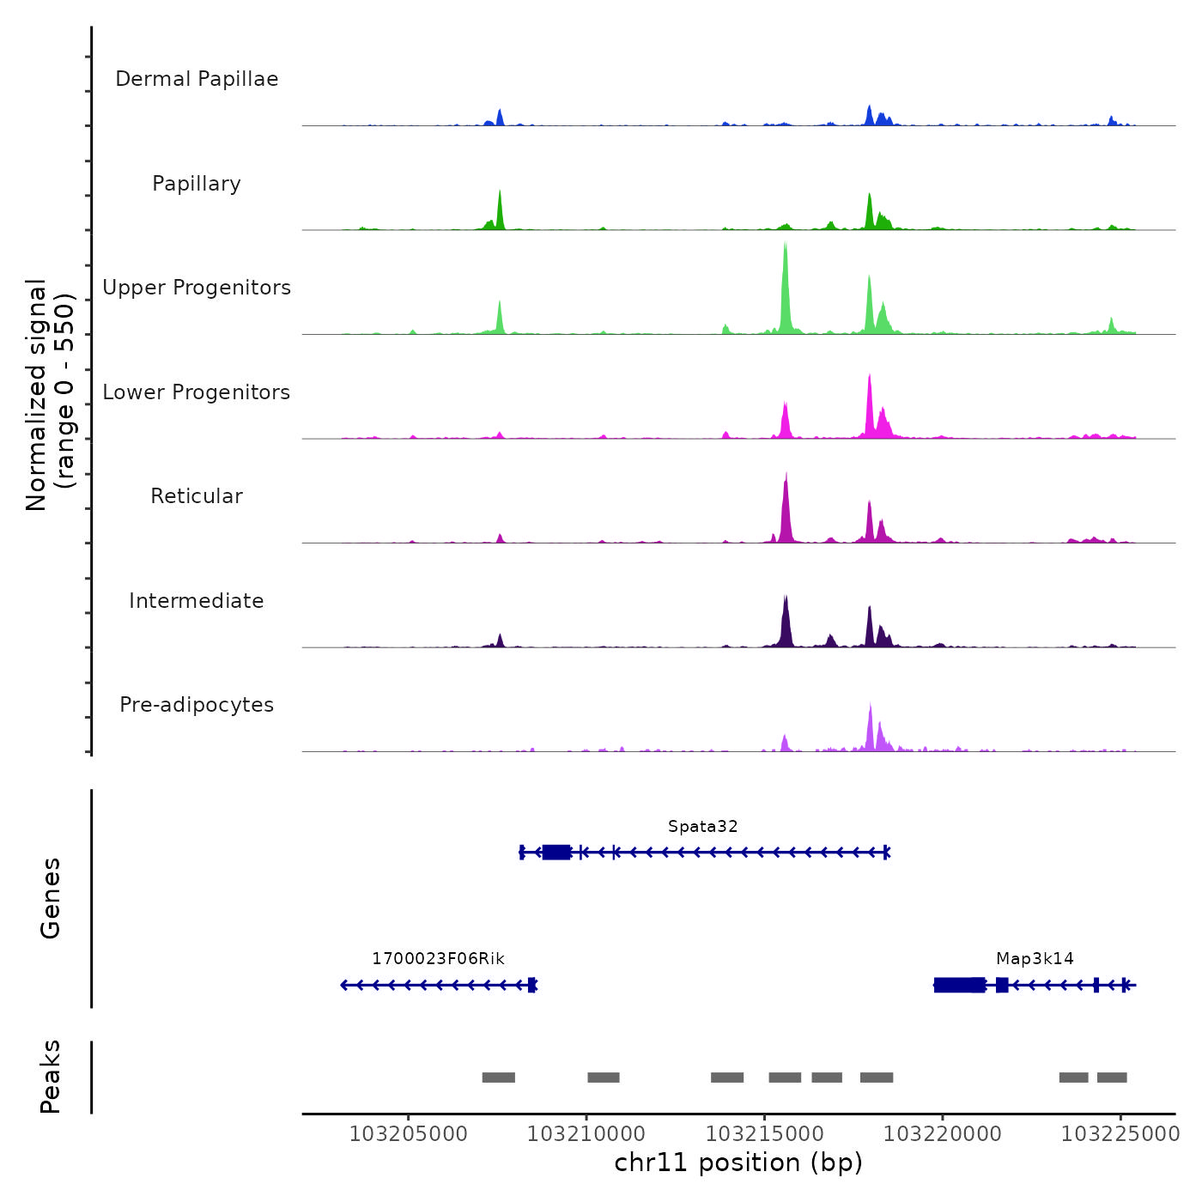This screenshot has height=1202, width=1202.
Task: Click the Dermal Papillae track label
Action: [197, 79]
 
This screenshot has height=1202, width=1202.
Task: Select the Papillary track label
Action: [197, 184]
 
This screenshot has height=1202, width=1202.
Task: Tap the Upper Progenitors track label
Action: [197, 288]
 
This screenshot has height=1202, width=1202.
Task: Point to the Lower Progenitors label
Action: [197, 392]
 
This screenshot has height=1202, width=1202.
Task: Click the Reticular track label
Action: [197, 496]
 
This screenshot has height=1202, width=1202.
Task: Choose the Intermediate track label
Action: [197, 601]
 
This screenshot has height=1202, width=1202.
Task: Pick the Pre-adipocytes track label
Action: [197, 705]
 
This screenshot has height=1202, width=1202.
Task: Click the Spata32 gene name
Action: [702, 827]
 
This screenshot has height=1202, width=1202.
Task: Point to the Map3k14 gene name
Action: [1035, 959]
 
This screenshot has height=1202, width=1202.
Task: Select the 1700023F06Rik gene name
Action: [438, 959]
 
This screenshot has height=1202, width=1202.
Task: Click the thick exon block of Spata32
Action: [556, 852]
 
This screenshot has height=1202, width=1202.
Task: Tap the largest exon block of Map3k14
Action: [959, 985]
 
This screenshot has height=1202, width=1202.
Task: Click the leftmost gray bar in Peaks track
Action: [498, 1078]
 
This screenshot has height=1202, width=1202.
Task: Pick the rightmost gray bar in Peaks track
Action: [1111, 1078]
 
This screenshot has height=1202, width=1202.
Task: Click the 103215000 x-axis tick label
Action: [764, 1134]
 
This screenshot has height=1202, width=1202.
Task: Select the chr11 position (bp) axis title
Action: [738, 1163]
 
